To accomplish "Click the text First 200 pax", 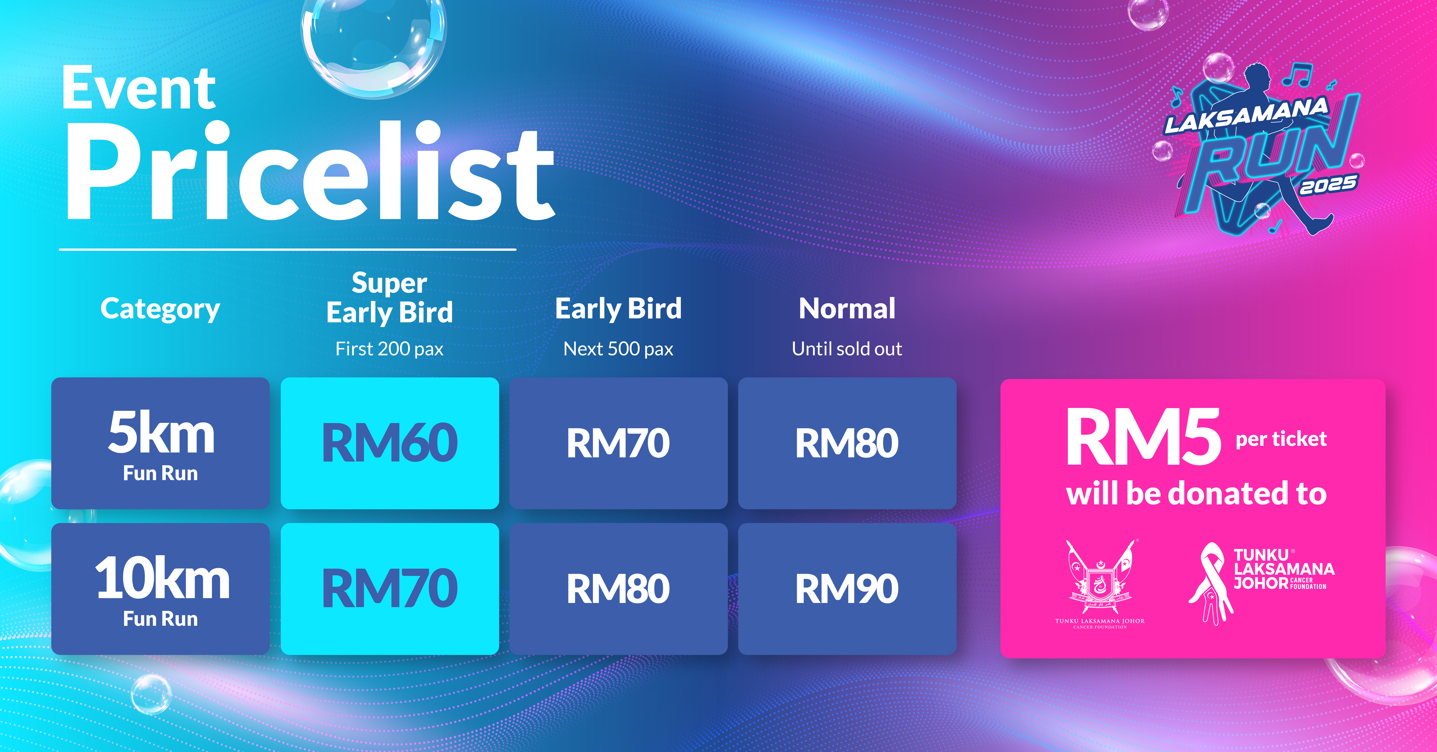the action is pos(389,349).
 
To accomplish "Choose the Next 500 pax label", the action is pos(618,349).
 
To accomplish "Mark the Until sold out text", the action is pos(847,349).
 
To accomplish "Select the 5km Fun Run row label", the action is pos(161,444).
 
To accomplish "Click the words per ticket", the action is pos(1281,439).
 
